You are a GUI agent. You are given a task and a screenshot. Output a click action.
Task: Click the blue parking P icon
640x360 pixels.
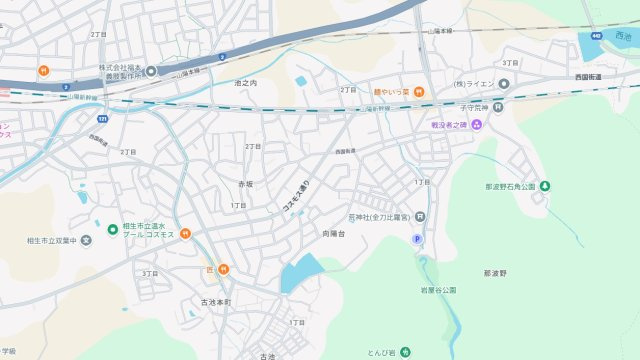pos(418,239)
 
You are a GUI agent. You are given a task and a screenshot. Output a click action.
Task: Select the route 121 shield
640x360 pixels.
pos(103,118)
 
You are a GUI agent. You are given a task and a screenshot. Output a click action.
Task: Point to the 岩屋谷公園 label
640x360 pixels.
pos(439,290)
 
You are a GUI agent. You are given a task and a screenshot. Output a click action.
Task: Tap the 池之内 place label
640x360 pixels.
pos(245,83)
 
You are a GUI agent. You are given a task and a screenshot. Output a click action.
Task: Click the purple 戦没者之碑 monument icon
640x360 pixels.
pos(476,124)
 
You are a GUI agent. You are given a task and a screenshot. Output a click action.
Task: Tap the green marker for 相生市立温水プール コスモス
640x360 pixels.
pos(111,226)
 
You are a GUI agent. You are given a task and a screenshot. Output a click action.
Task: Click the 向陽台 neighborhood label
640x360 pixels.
pos(333,233)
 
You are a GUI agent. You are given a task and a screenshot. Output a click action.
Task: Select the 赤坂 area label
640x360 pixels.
pos(245,184)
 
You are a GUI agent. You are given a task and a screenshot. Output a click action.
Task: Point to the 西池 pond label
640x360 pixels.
pos(624,36)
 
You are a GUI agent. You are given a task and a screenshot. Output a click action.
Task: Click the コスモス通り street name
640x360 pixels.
pos(295,194)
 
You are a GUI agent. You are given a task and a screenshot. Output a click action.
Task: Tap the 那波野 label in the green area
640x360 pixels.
pos(495,272)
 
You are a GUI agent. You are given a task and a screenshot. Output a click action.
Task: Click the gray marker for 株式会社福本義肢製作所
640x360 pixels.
pos(151,71)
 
